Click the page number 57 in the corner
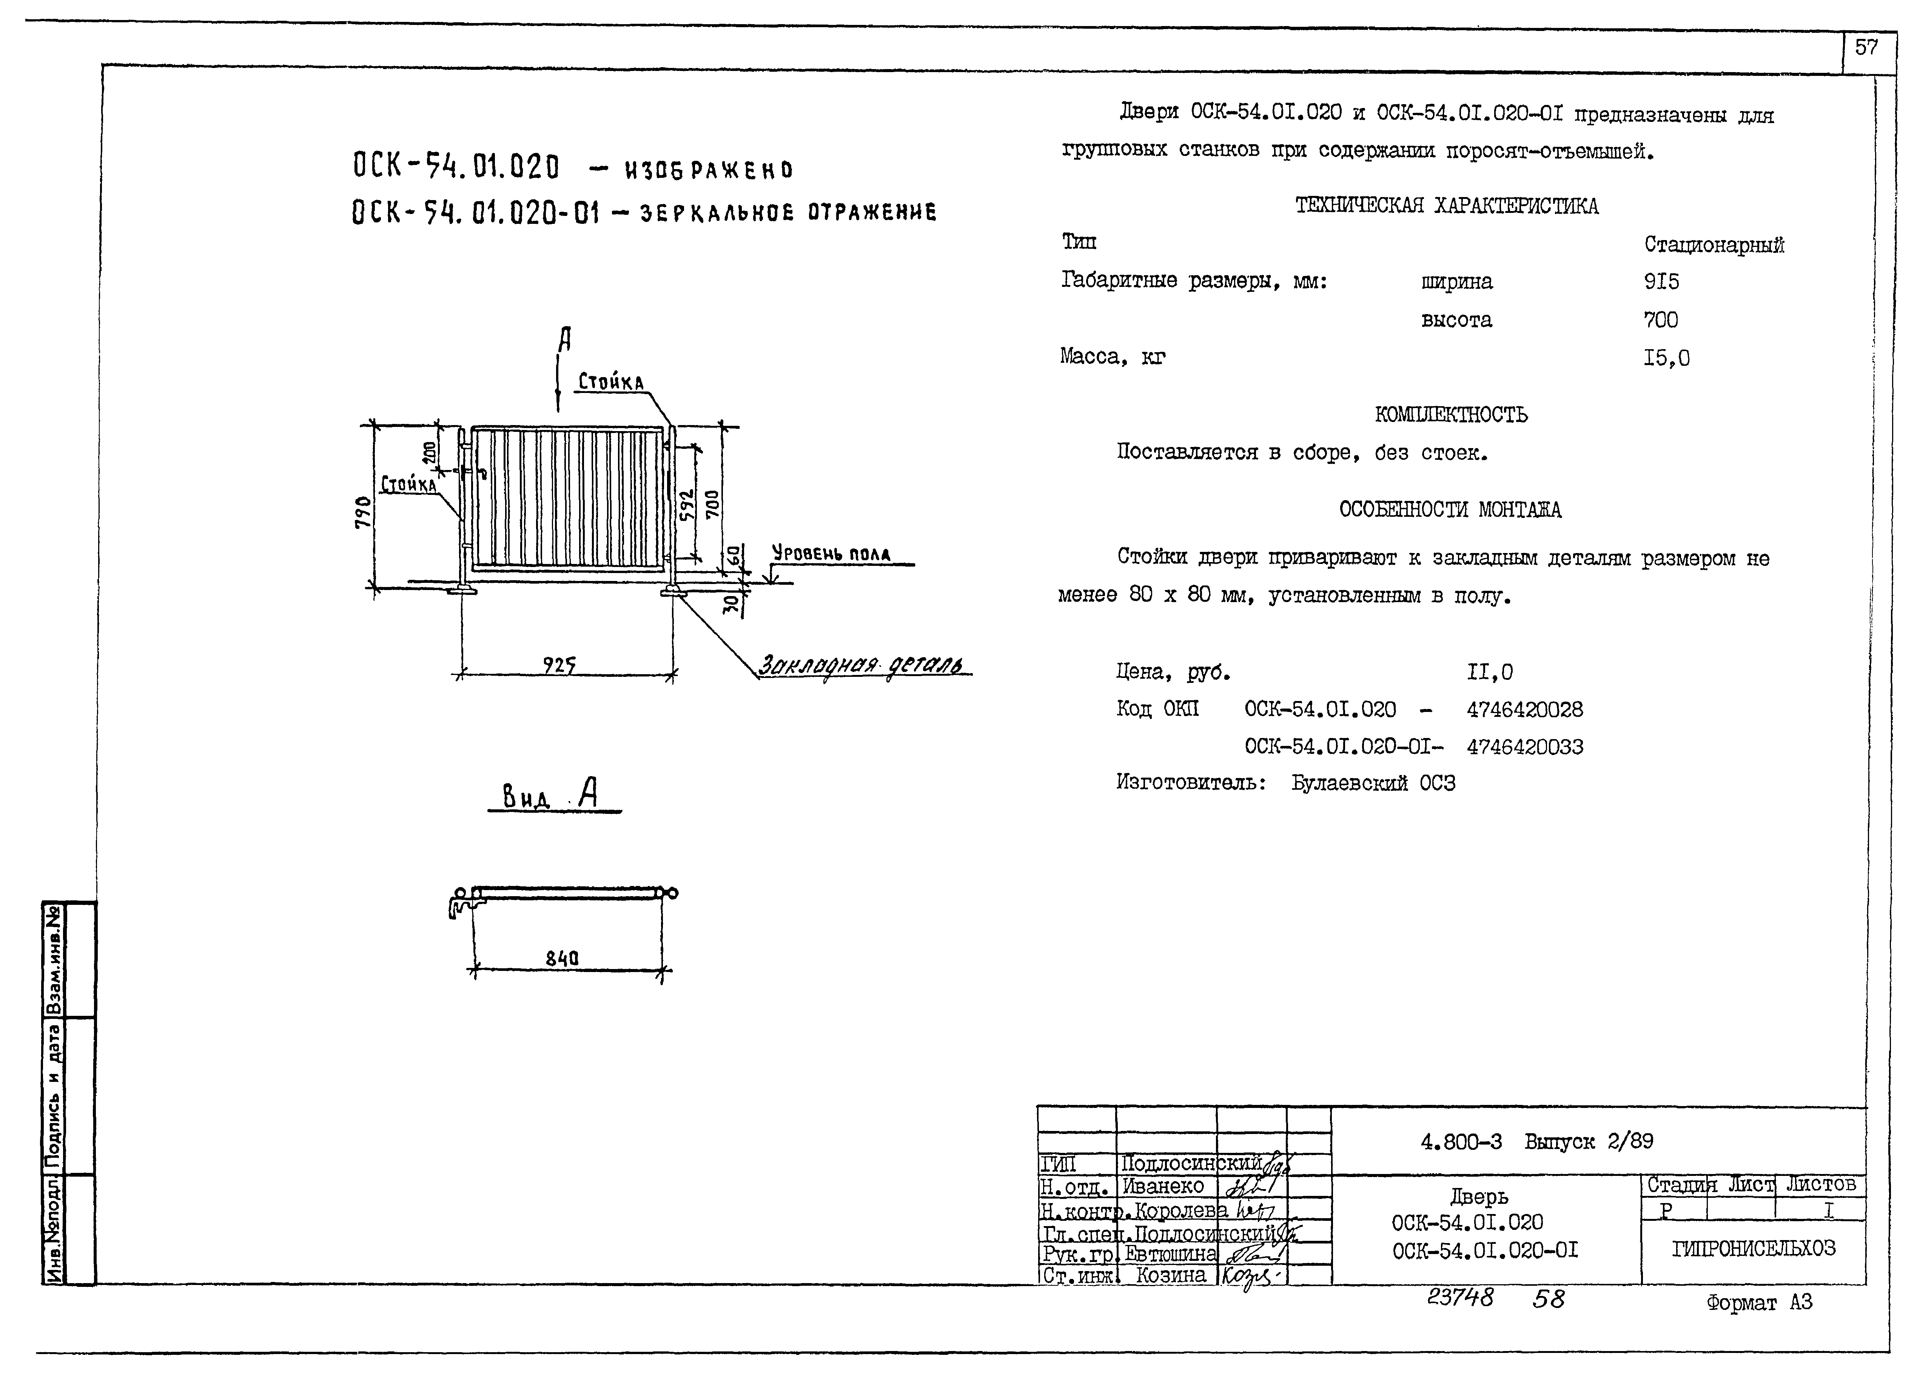[x=1866, y=48]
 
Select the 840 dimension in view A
[x=562, y=958]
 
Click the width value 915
[x=1661, y=282]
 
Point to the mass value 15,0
[x=1666, y=358]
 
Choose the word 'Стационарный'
[x=1714, y=245]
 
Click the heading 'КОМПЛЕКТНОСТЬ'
[x=1451, y=415]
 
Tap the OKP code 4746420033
[x=1525, y=747]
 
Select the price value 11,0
[x=1490, y=673]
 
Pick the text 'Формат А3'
[x=1759, y=1303]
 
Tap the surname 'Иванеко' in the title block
[x=1163, y=1186]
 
